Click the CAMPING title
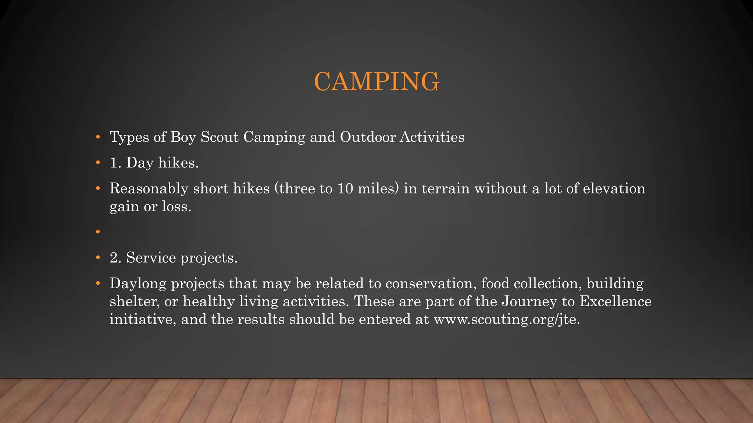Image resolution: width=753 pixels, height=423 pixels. point(376,82)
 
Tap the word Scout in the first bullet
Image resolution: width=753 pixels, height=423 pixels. point(220,137)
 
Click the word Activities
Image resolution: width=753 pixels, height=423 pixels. point(432,137)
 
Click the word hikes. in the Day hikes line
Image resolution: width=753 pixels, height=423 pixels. point(178,163)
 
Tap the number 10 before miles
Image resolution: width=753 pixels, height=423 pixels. point(345,189)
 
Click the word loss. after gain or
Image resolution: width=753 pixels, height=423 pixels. point(177,206)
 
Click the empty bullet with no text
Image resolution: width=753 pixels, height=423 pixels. point(98,232)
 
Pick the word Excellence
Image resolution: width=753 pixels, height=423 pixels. point(615,301)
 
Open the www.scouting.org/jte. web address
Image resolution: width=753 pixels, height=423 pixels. point(507,319)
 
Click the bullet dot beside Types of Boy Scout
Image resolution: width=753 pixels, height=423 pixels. point(98,137)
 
